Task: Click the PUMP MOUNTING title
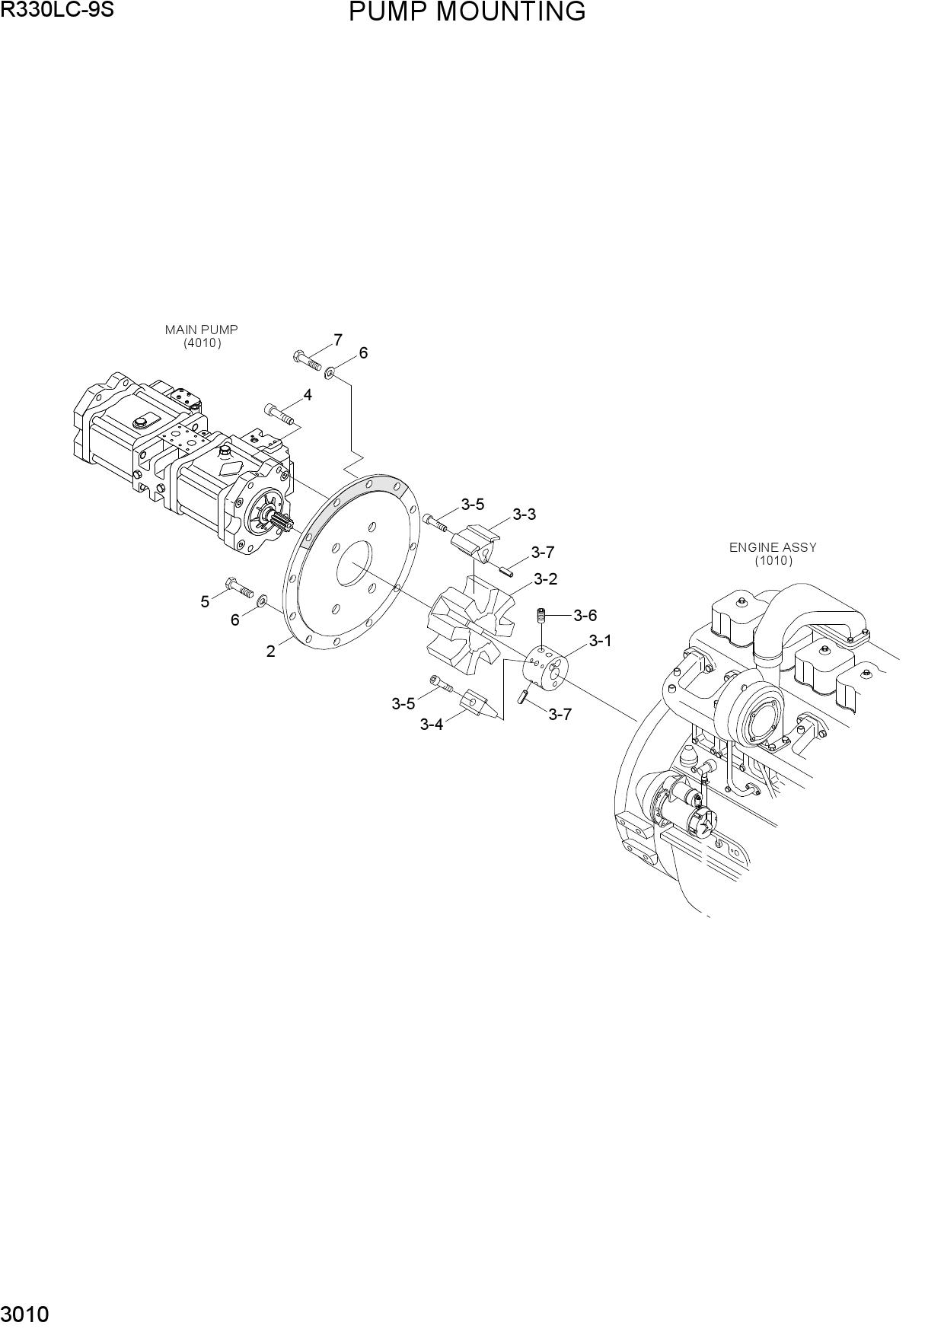[467, 12]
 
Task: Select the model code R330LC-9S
[57, 10]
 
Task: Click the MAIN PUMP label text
[202, 330]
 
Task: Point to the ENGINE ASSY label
[773, 547]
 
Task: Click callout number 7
[337, 340]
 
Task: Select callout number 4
[308, 395]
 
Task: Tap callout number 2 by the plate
[270, 652]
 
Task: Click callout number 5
[205, 602]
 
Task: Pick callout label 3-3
[524, 515]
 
